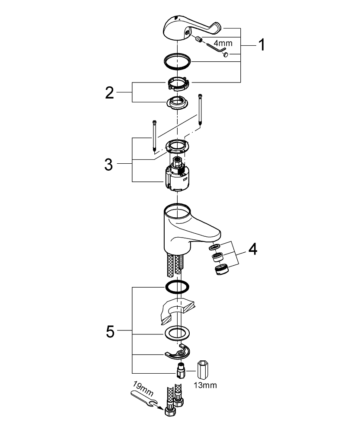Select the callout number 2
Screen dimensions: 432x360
coord(110,92)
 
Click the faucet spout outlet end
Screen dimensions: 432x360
coord(213,235)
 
